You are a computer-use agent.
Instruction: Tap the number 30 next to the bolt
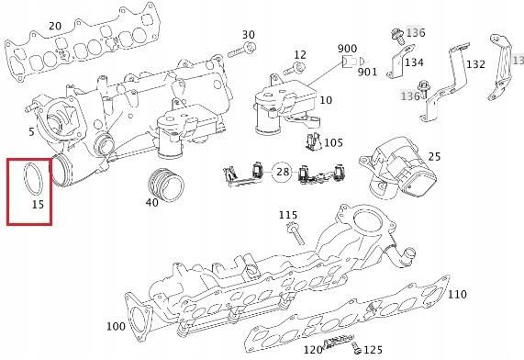[x=248, y=35]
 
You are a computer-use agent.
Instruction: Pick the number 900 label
[x=347, y=48]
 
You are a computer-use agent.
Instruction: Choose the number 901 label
[x=368, y=72]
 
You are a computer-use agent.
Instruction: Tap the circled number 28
[x=283, y=172]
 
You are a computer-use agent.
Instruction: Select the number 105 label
[x=333, y=142]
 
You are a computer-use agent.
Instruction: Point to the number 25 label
[x=435, y=157]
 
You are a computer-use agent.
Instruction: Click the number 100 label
[x=116, y=326]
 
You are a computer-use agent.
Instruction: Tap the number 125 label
[x=372, y=349]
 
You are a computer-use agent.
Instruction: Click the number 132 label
[x=475, y=64]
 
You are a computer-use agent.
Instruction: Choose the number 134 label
[x=413, y=62]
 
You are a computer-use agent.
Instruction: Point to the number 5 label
[x=31, y=130]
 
